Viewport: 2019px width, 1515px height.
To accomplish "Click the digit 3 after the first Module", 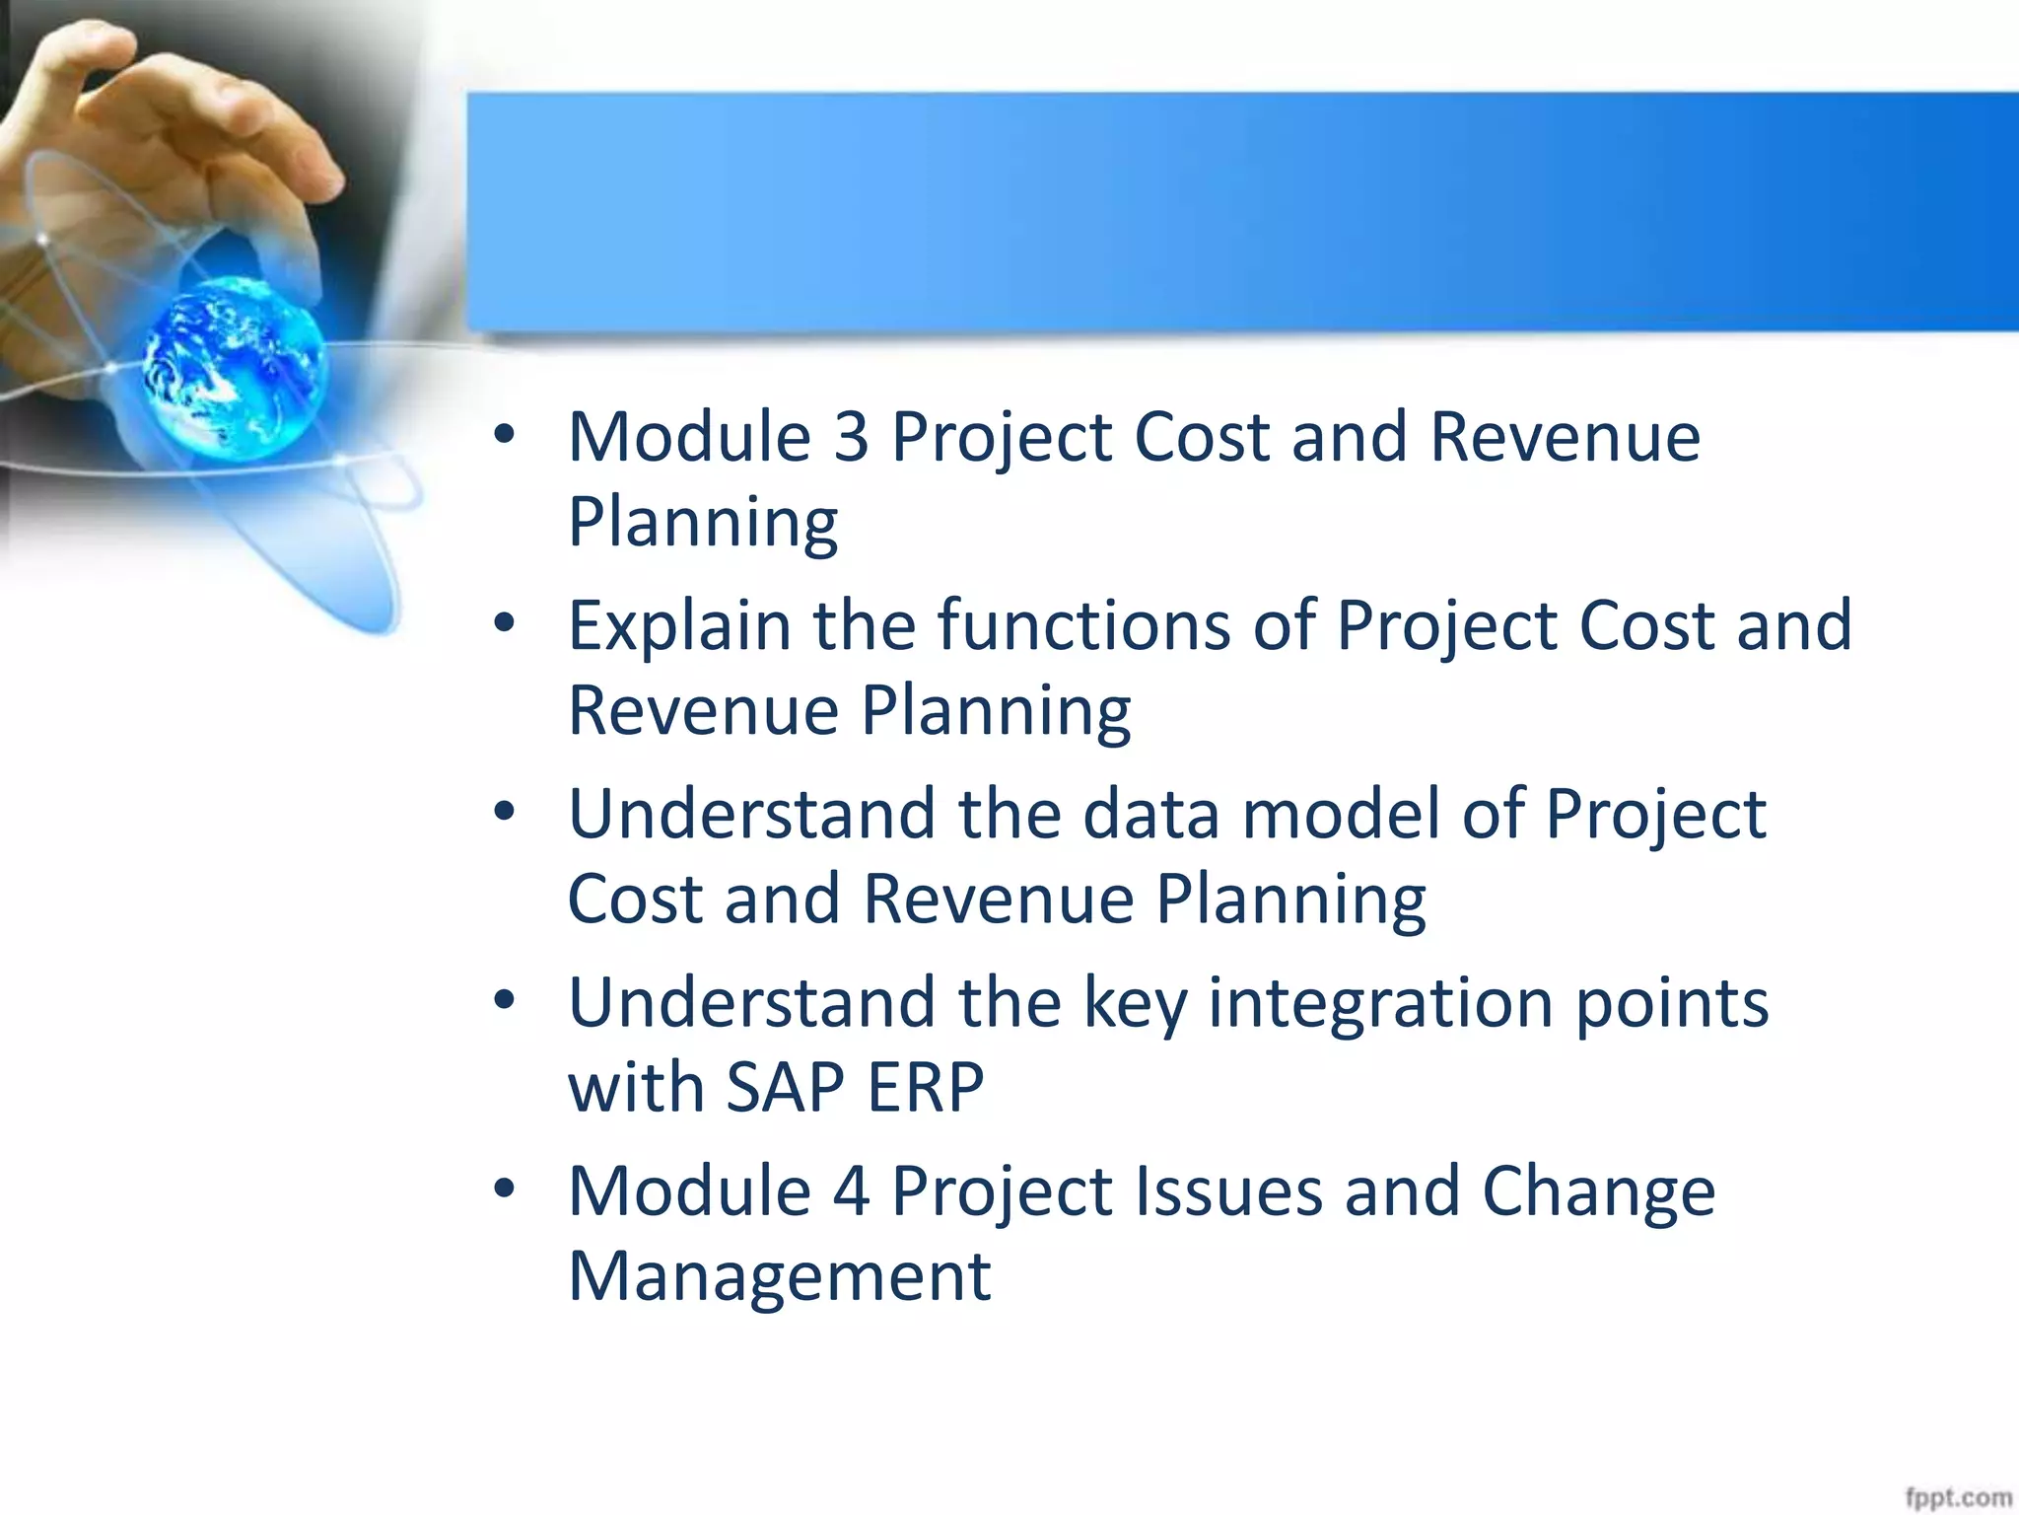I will tap(852, 437).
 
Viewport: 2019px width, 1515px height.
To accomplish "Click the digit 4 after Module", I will tap(852, 1191).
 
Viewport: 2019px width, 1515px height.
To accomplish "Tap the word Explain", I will tap(679, 627).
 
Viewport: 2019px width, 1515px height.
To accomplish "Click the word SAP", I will tap(785, 1088).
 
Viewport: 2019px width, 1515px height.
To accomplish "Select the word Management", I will tap(779, 1276).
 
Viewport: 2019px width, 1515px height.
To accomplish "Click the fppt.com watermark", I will tap(1957, 1498).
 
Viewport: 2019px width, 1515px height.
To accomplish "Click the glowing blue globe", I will tap(234, 367).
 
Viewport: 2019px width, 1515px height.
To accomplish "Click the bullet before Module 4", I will tap(505, 1189).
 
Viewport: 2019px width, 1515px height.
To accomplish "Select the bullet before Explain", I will tap(505, 623).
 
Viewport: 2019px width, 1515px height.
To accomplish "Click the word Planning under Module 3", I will tap(703, 522).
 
